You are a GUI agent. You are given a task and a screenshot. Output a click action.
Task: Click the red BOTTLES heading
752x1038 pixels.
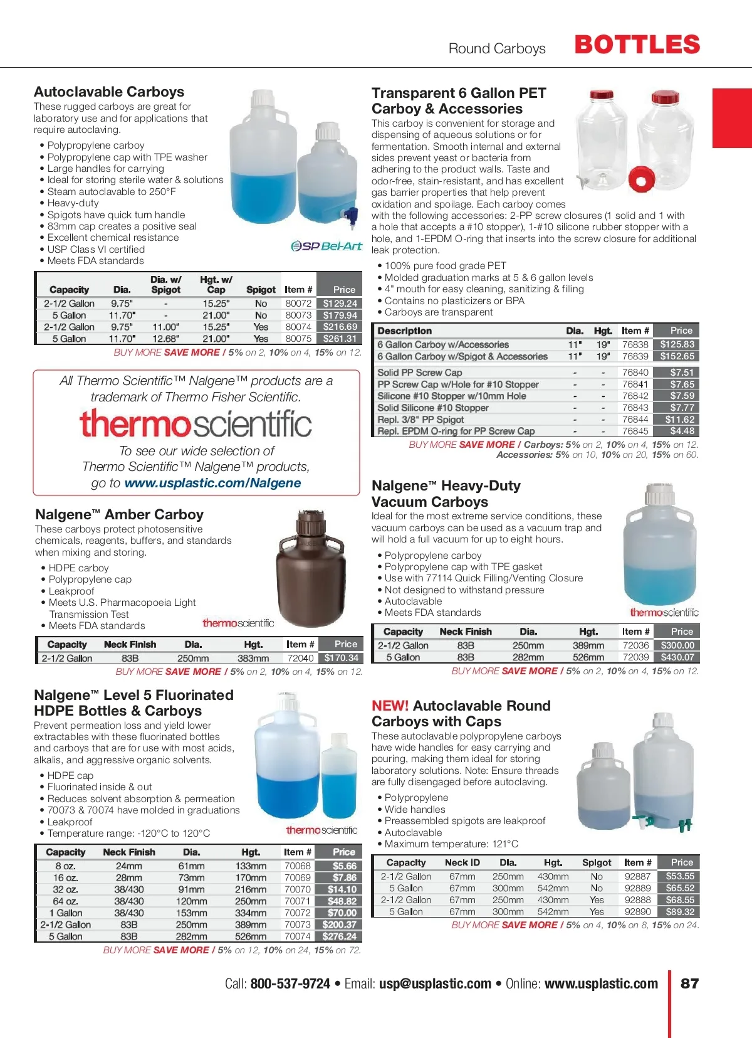(637, 45)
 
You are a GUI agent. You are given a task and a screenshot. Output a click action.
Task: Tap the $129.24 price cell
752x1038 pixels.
(340, 304)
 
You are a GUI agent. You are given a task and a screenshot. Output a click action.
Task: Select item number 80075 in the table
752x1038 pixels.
(298, 339)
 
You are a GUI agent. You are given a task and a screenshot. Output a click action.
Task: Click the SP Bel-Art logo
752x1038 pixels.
(326, 246)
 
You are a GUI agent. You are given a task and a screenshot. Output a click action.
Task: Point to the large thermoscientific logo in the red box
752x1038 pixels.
(196, 423)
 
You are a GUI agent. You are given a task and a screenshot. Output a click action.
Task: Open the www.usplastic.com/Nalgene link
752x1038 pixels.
(212, 483)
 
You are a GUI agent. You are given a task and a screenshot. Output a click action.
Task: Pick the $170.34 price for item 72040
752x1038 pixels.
(341, 658)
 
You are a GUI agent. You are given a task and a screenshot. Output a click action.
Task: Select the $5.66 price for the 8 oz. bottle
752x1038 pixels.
(344, 866)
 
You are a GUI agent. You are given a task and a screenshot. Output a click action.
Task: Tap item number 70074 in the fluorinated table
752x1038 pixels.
(298, 936)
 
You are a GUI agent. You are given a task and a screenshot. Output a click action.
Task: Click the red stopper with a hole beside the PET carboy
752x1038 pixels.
(641, 179)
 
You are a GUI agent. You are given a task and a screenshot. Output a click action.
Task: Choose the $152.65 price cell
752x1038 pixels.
(677, 356)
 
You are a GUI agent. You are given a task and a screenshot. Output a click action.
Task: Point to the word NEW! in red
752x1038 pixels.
(390, 706)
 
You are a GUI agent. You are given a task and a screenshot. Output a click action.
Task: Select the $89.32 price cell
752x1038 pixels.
(680, 912)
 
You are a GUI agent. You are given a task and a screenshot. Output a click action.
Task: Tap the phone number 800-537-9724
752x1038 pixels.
(290, 983)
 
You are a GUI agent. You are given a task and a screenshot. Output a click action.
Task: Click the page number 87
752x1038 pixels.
(689, 983)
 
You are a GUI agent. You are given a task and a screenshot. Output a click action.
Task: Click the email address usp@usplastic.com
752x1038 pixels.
(435, 983)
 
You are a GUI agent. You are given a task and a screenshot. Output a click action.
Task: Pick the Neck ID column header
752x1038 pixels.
(462, 862)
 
